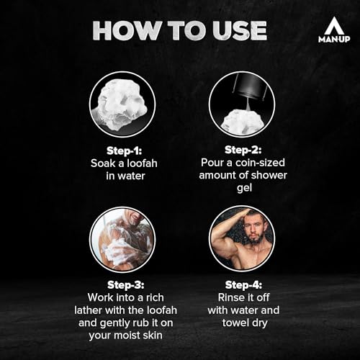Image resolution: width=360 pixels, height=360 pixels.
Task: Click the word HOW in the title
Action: [126, 30]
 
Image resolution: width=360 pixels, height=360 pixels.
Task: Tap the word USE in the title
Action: [240, 30]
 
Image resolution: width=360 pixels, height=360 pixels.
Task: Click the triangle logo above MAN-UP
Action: [334, 26]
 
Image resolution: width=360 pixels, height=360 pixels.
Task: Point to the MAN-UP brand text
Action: [334, 39]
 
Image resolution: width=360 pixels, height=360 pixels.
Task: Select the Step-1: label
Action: [125, 151]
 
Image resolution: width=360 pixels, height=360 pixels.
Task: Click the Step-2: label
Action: [243, 150]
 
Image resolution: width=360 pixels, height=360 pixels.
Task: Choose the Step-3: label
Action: [126, 285]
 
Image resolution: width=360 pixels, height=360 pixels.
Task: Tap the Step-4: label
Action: [243, 285]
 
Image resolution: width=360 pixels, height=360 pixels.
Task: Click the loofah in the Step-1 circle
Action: [120, 104]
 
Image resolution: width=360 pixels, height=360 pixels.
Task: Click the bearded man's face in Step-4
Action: [254, 230]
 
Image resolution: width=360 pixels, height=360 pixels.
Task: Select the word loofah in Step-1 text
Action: [142, 163]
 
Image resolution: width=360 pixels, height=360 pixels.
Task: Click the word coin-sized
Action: [260, 163]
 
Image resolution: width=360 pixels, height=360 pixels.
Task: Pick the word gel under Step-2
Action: [244, 188]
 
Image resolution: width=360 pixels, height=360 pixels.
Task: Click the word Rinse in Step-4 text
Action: [230, 297]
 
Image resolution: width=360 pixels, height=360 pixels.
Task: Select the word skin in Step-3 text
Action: [153, 335]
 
